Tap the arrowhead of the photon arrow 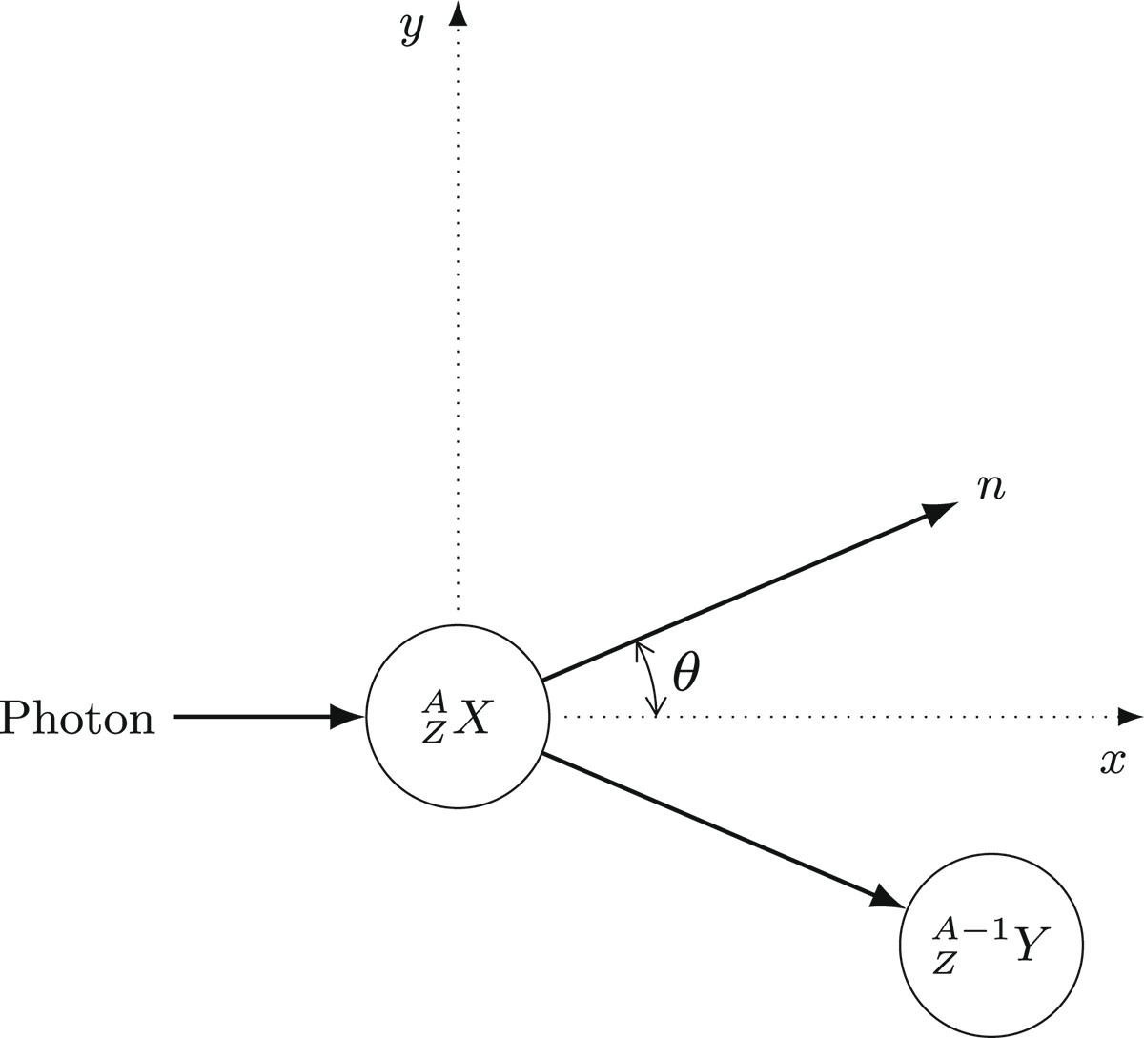click(x=346, y=716)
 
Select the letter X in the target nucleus click(x=472, y=720)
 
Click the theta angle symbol click(x=686, y=674)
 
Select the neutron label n click(x=992, y=487)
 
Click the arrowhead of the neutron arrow click(x=938, y=511)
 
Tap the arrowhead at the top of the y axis click(x=459, y=13)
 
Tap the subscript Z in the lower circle click(x=944, y=962)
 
